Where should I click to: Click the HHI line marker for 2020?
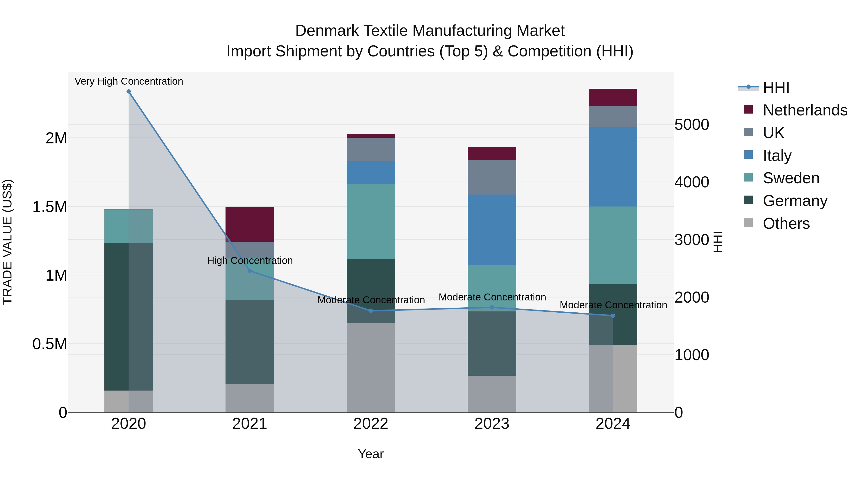pos(129,92)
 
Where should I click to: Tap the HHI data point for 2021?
pos(250,271)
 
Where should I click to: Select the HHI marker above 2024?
pos(613,316)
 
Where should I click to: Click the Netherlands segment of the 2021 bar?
pos(250,224)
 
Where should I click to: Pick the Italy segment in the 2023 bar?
pos(492,230)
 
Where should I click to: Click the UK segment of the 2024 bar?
pos(613,117)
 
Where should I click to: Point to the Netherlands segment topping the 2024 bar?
pos(613,97)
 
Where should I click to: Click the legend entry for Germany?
pos(795,201)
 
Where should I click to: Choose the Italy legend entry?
pos(777,156)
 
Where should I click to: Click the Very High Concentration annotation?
pos(129,81)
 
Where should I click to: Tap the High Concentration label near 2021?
pos(250,261)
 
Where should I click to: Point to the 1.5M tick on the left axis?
pos(49,207)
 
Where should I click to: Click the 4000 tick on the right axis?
pos(691,182)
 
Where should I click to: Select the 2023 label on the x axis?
pos(492,424)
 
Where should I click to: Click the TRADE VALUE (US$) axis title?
pos(7,242)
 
